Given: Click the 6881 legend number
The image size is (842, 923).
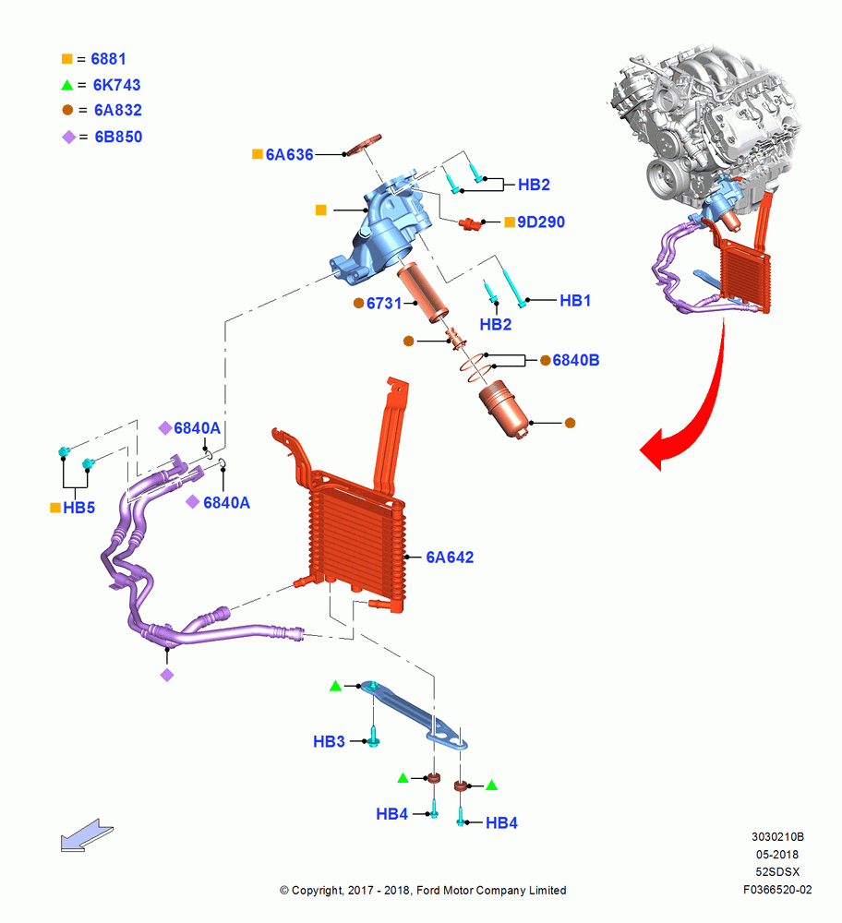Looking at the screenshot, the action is coord(108,59).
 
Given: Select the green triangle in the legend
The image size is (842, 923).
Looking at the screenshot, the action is coord(67,85).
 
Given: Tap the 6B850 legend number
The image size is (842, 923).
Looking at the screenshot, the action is coord(118,137).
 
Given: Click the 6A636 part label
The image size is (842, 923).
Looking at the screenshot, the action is coord(289,154).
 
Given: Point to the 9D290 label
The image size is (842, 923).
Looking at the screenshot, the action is coord(540,222).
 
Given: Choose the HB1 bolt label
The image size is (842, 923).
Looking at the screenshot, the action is coord(575,300).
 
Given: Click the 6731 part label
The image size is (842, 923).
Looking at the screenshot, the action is coord(384,303).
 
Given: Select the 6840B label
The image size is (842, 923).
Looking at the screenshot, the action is coord(576,360).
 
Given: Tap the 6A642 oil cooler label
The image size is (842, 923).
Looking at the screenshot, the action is coord(450,557).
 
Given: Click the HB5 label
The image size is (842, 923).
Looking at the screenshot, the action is coord(78,508).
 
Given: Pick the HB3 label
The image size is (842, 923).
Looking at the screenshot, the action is coord(330,741).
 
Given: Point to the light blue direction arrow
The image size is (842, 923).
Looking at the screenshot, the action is coord(87,834).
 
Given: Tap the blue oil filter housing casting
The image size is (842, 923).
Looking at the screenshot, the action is coord(383,233).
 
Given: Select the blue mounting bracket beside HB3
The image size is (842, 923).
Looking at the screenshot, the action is coord(415,714).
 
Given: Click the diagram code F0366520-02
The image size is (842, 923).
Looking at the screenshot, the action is coord(777,890).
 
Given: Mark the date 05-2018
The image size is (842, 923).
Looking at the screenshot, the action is coord(777,854).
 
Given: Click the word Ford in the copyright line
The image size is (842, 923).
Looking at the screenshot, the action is coord(428,890).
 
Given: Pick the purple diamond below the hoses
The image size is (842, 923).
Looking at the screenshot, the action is coord(167,676).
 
